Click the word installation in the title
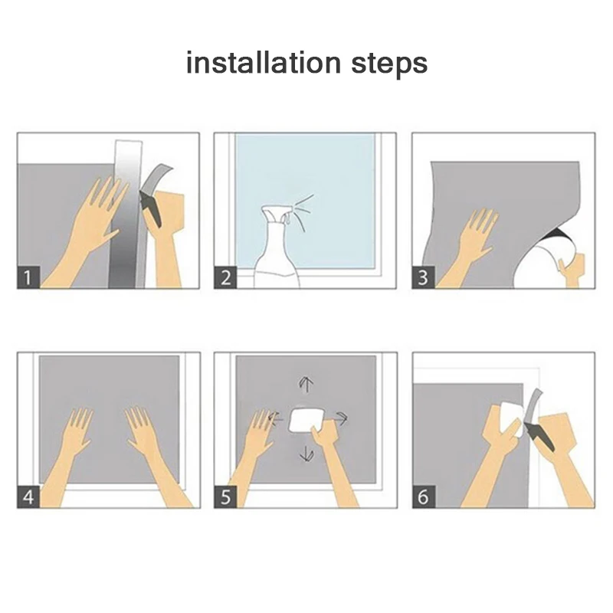click(x=264, y=63)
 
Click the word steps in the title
click(x=389, y=64)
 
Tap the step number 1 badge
click(x=28, y=277)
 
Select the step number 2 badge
click(x=225, y=277)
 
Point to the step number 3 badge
click(x=424, y=277)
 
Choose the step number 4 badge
click(x=28, y=497)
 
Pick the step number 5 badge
click(x=225, y=497)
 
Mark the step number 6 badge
click(x=424, y=497)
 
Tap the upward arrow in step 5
click(x=306, y=385)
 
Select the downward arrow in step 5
click(x=306, y=453)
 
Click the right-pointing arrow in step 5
click(x=341, y=419)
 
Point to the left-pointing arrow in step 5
click(x=275, y=419)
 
